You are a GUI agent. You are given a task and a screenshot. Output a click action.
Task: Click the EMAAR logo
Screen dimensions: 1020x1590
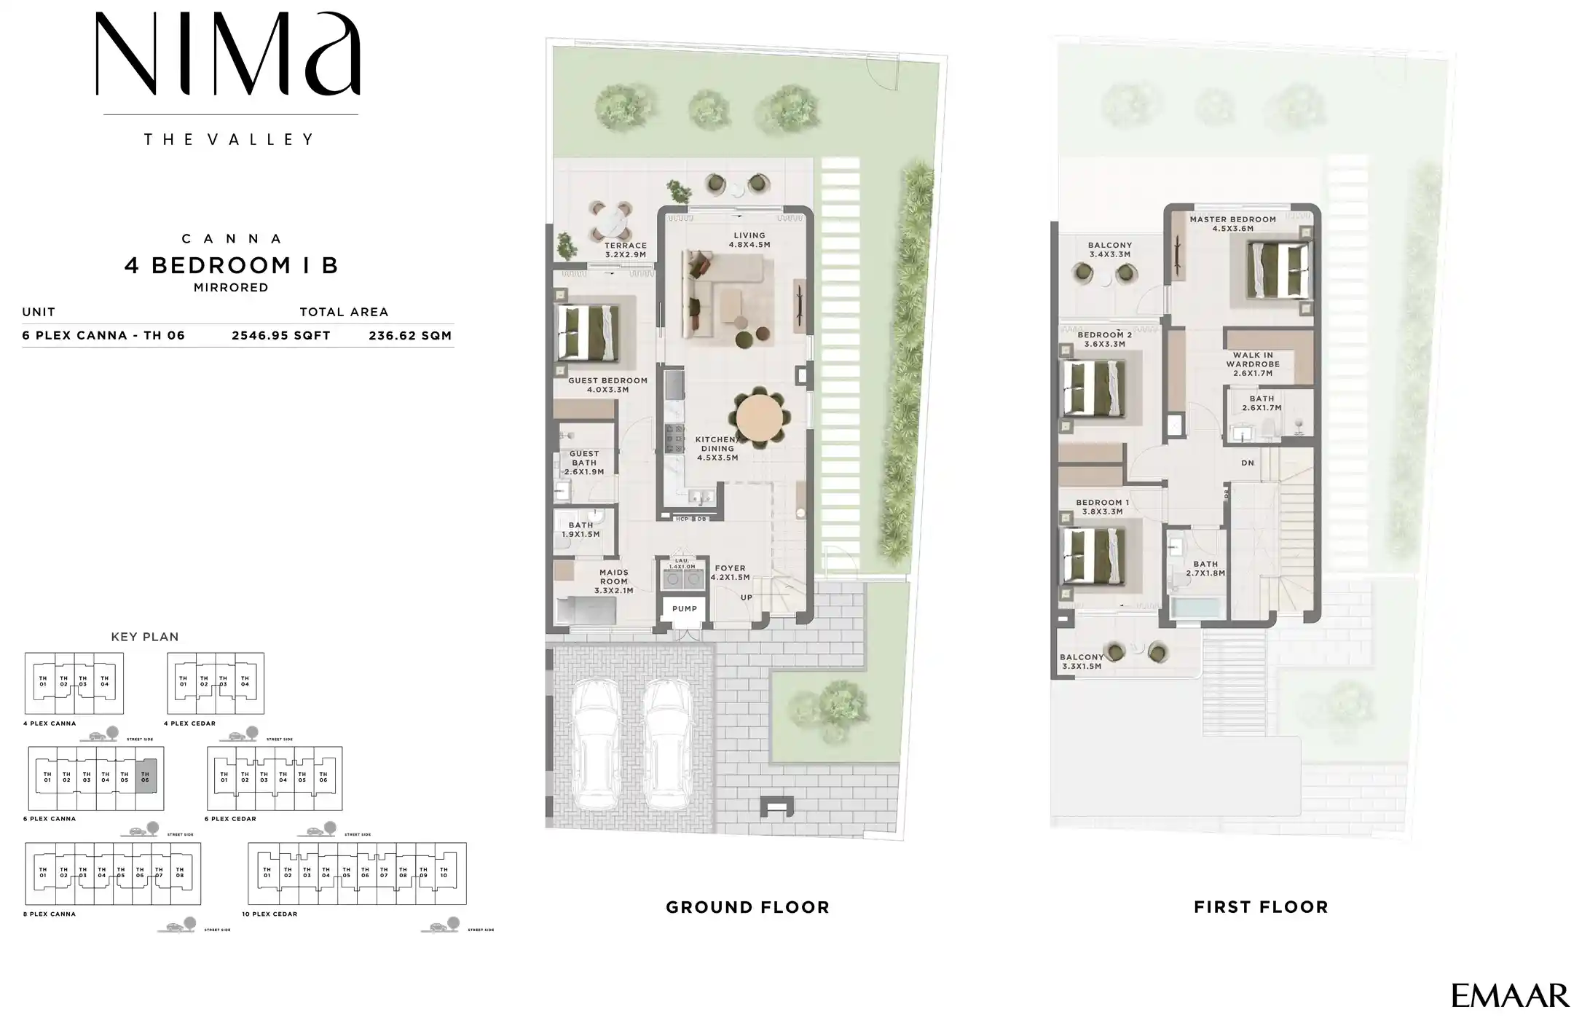[1509, 995]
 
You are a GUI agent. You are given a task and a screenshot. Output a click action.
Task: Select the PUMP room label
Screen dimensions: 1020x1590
[684, 609]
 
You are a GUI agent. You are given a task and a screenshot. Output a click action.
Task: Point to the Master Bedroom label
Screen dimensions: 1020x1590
[1232, 224]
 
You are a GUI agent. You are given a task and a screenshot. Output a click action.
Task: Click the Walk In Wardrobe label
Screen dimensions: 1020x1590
[1252, 364]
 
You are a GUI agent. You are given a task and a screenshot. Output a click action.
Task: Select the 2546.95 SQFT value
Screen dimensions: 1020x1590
[280, 336]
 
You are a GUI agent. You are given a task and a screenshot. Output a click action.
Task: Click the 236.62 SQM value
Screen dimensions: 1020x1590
[410, 336]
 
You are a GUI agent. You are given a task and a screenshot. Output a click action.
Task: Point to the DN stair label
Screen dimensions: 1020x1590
[1248, 463]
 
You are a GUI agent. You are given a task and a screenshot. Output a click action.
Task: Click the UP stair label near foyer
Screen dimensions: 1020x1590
[746, 597]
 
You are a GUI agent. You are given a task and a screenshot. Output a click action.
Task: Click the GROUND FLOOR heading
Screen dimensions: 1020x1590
[747, 907]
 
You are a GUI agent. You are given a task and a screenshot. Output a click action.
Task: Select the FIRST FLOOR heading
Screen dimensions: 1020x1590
[1261, 907]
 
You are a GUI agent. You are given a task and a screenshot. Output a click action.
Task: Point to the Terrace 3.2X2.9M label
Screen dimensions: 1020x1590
[625, 250]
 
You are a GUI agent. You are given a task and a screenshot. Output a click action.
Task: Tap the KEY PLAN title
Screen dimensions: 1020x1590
[144, 637]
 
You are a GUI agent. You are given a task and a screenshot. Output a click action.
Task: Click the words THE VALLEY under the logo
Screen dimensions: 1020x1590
[229, 139]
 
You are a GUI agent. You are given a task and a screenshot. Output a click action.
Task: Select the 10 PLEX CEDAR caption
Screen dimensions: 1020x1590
[269, 914]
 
